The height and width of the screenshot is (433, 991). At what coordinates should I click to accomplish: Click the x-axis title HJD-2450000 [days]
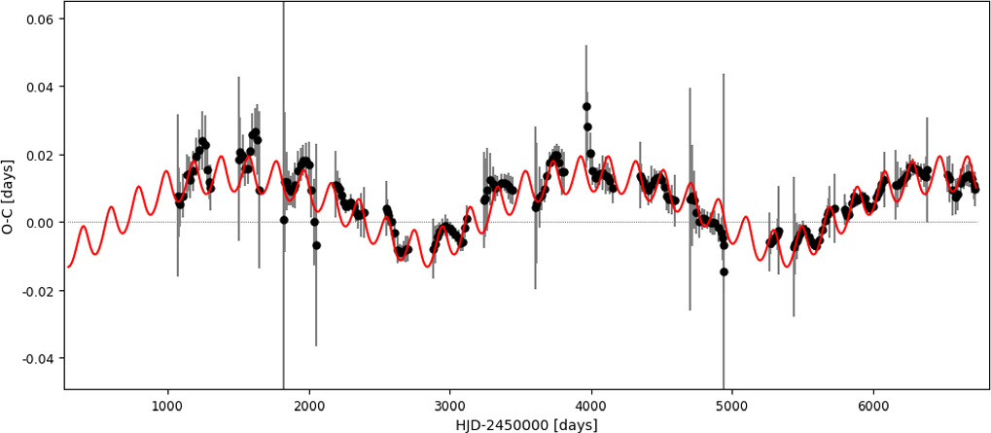tap(526, 424)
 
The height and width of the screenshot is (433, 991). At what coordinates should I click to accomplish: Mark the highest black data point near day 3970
tap(586, 107)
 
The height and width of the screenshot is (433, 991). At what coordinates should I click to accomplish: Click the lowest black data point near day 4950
tap(724, 271)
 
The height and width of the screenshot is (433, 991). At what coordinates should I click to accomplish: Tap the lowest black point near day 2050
tap(316, 245)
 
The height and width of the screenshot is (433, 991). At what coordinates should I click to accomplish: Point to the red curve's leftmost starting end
tap(67, 266)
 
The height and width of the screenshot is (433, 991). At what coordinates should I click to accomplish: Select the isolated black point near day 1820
tap(284, 220)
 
